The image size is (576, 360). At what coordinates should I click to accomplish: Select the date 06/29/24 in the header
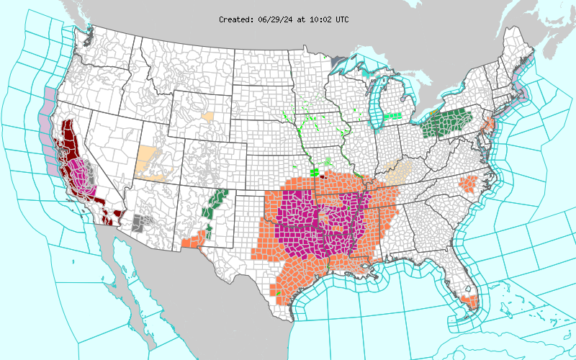[274, 19]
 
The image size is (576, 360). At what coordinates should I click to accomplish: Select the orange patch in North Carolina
[469, 184]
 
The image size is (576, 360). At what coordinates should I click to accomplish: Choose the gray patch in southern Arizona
[142, 222]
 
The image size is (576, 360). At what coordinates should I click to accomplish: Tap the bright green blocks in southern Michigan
[392, 116]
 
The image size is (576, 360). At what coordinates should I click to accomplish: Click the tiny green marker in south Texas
[278, 294]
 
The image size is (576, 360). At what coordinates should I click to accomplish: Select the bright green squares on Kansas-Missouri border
[315, 171]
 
